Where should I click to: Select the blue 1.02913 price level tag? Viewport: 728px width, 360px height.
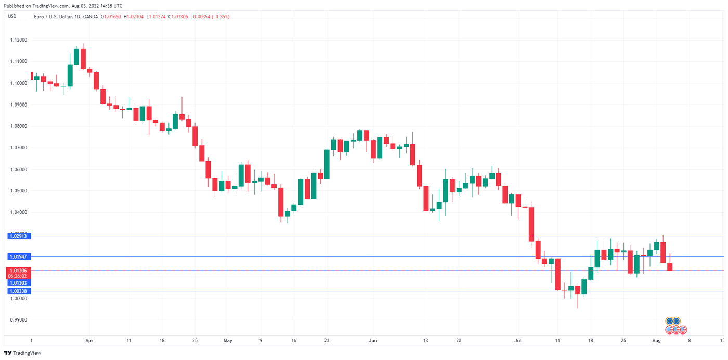click(18, 236)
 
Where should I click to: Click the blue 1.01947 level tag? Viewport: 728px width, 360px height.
click(18, 256)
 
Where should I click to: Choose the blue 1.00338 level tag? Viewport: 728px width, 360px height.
click(18, 291)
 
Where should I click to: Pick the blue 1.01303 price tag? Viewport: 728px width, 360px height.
click(18, 282)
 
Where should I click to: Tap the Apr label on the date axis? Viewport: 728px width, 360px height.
click(89, 341)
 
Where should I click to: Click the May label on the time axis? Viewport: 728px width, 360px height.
click(228, 341)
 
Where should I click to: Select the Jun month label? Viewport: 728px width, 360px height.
click(373, 341)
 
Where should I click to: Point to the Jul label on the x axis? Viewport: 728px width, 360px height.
click(518, 341)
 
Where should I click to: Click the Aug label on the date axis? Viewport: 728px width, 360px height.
click(656, 341)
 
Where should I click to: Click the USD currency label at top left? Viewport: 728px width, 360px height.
click(11, 17)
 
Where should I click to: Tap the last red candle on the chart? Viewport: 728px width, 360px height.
click(670, 266)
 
